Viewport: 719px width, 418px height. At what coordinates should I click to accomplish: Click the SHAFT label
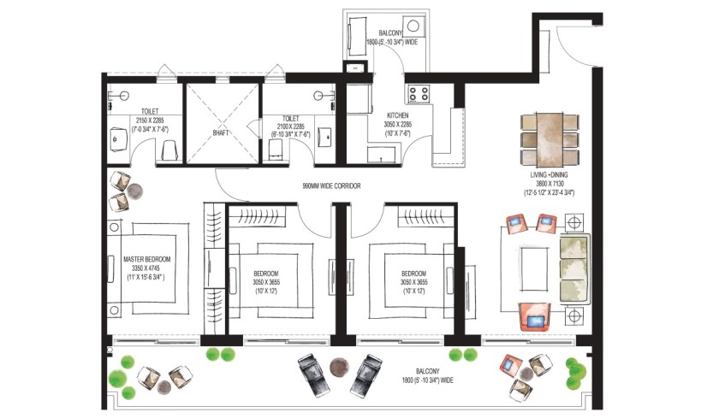point(221,132)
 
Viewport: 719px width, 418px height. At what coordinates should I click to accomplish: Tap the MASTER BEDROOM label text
point(146,259)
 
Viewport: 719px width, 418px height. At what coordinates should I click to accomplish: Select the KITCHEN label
point(397,116)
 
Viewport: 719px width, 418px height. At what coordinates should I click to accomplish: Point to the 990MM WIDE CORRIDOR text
point(331,186)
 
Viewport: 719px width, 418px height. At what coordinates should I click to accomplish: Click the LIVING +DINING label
point(549,175)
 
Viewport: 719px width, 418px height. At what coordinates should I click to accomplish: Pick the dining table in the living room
point(550,139)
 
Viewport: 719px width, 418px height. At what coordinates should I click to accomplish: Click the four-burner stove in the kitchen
point(419,94)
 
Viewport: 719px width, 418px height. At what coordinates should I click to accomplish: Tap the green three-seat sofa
point(575,268)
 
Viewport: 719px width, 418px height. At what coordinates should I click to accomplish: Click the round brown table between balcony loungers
point(339,366)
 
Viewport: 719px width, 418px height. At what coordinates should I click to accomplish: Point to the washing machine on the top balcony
point(414,26)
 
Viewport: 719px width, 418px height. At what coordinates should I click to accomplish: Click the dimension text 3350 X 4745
point(146,268)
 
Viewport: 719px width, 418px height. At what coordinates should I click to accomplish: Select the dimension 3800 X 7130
point(550,184)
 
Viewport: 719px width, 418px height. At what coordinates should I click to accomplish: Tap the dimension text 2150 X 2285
point(150,121)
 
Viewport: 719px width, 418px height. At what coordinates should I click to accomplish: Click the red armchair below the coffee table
point(534,317)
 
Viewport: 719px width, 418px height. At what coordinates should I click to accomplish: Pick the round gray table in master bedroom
point(135,191)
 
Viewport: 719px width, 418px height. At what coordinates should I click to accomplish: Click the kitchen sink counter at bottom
point(381,155)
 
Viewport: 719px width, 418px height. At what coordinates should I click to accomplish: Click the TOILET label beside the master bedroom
point(150,111)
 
